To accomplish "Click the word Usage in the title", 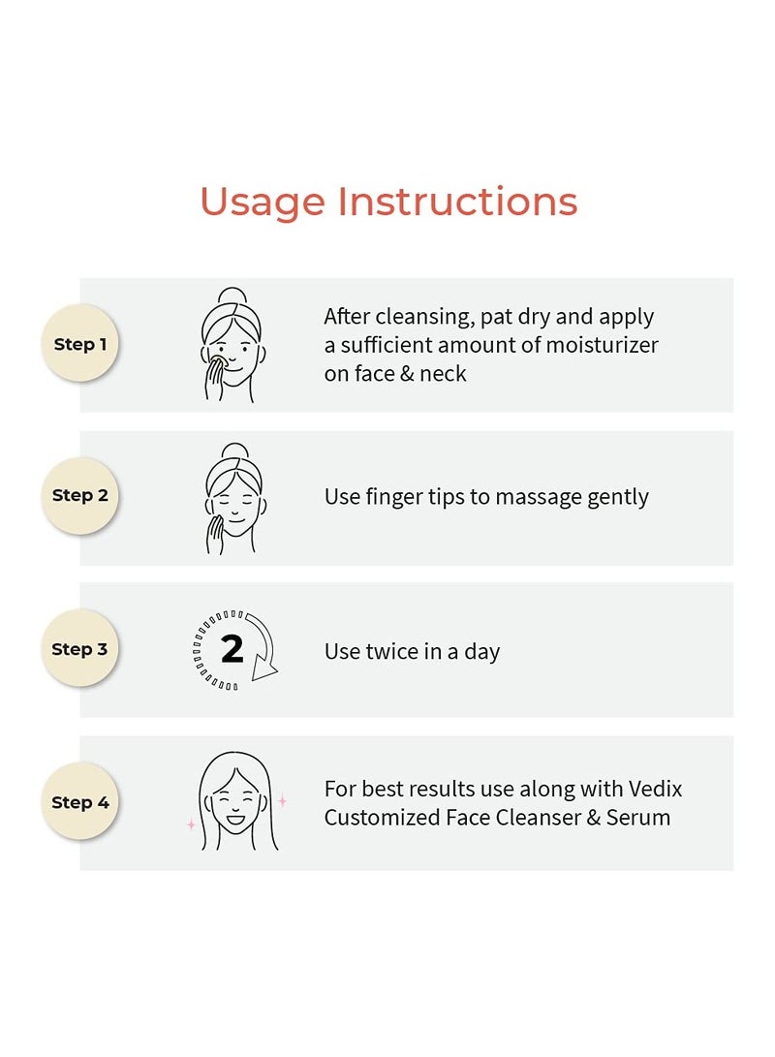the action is (263, 202).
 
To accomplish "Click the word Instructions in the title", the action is (457, 201).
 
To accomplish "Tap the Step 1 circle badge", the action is (80, 343).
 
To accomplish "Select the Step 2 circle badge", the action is (80, 495).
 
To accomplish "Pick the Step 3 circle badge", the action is (80, 648).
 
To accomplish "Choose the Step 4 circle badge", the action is (80, 801).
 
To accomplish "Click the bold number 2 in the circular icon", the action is (232, 649).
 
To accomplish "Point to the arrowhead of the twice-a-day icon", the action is (264, 668).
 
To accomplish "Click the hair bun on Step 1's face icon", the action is (232, 295).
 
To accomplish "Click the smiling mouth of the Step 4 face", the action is (235, 820).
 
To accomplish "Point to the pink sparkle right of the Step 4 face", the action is (282, 801).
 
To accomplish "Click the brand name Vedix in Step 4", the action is (655, 789).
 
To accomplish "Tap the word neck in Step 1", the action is (443, 373).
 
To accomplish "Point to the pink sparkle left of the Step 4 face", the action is (192, 824).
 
